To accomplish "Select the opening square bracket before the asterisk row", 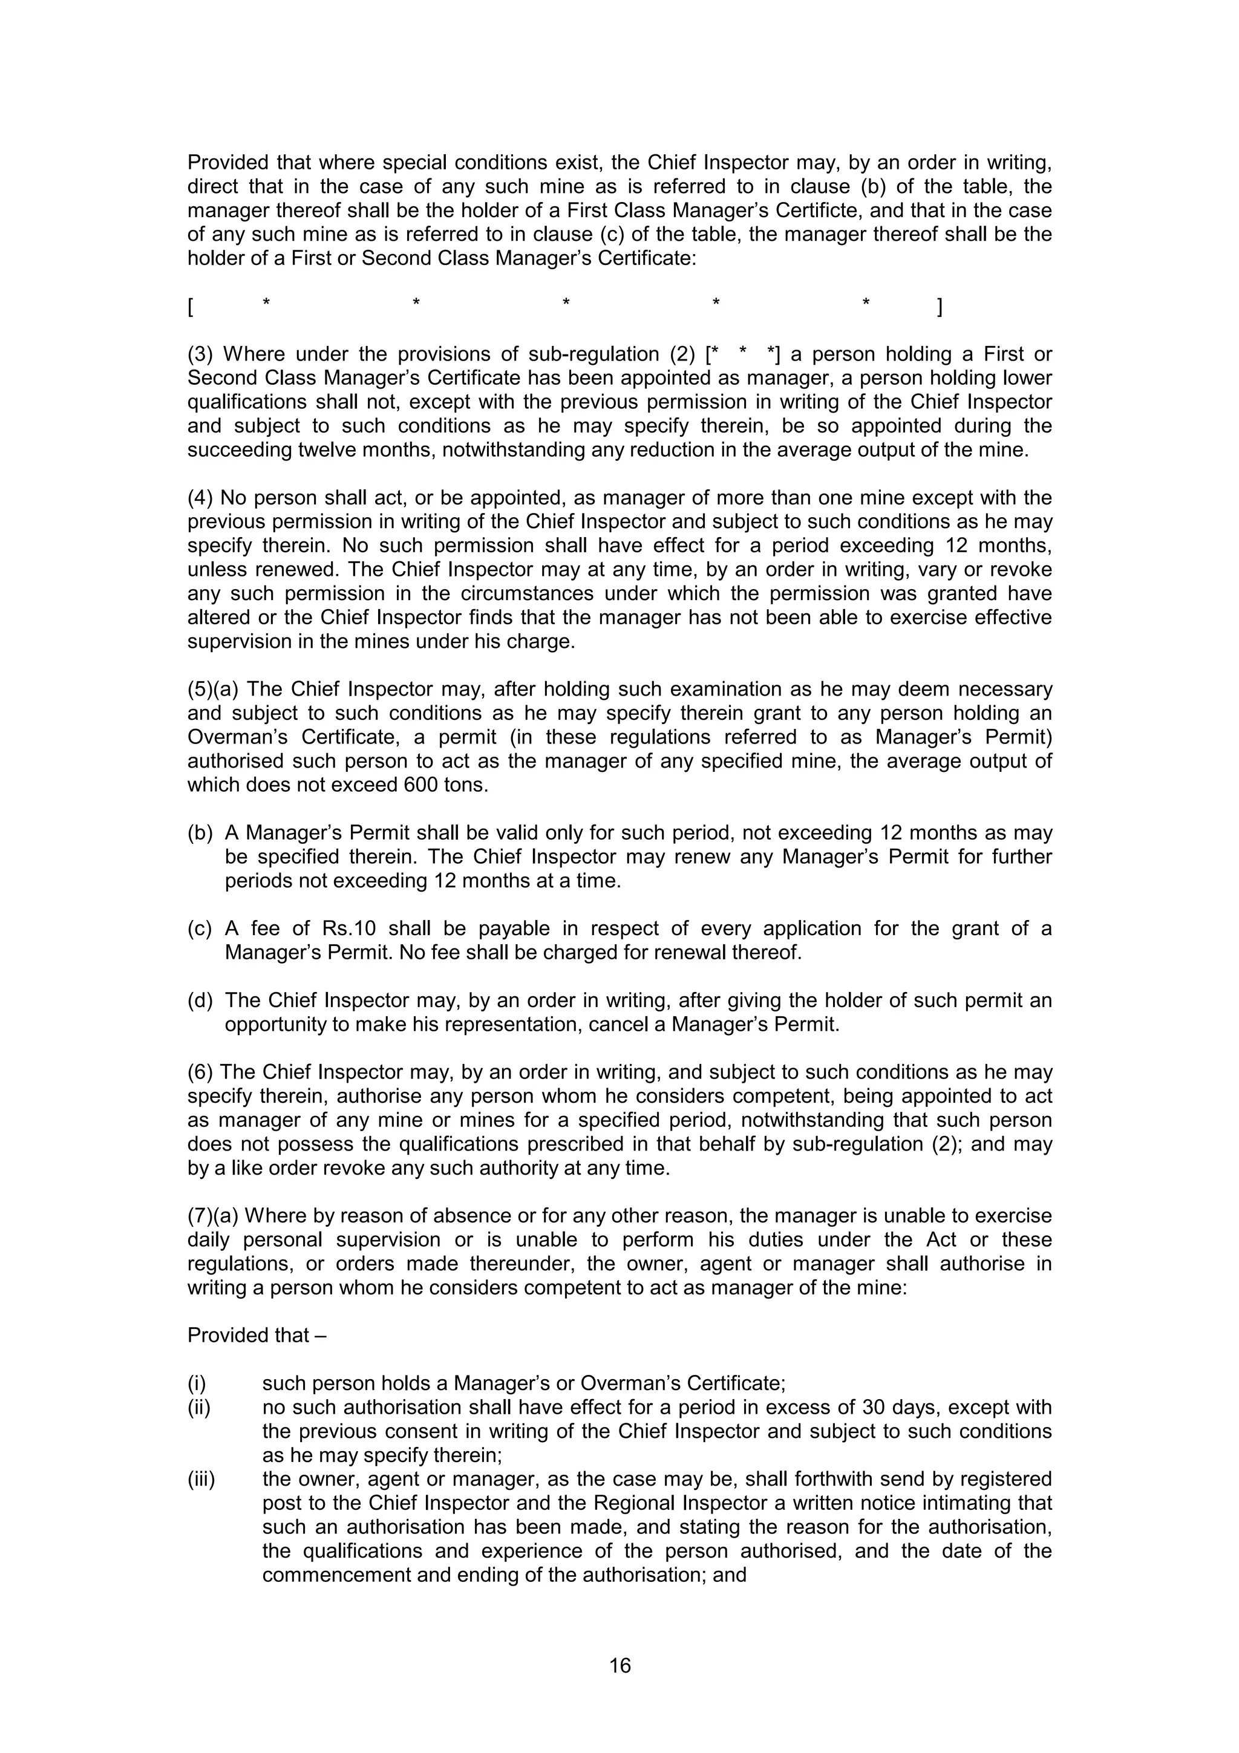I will tap(190, 308).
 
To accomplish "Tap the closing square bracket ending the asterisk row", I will tap(940, 308).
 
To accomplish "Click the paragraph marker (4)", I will tap(201, 498).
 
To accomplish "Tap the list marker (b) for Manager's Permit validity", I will tap(200, 833).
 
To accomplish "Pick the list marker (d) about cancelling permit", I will tap(200, 1000).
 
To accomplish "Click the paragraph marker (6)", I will tap(201, 1072).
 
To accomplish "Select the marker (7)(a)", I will tap(213, 1215).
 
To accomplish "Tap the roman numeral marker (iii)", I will tap(201, 1479).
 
